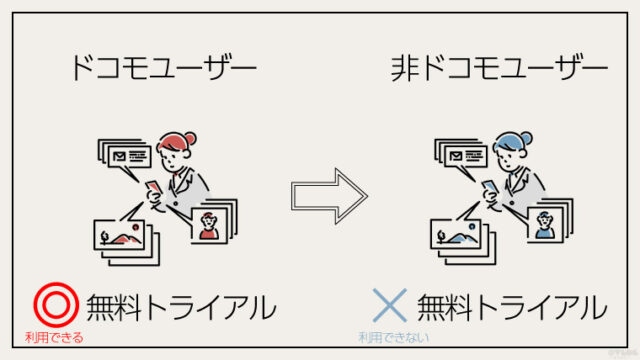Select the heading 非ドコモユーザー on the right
(x=499, y=68)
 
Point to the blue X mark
(x=390, y=305)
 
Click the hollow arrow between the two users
(x=329, y=196)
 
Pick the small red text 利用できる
(x=54, y=338)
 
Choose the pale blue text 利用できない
(x=393, y=338)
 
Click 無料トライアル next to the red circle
(x=181, y=307)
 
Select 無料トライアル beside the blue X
(x=512, y=307)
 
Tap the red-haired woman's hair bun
(x=190, y=138)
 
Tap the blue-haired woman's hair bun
(x=526, y=138)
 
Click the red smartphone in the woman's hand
(x=154, y=188)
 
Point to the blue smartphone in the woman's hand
(x=490, y=188)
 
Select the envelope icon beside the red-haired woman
(x=119, y=156)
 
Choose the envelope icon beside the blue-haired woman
(x=456, y=156)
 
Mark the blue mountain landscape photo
(x=457, y=235)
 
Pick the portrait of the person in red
(x=209, y=225)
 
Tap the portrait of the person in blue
(x=545, y=225)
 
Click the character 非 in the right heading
(x=405, y=68)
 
